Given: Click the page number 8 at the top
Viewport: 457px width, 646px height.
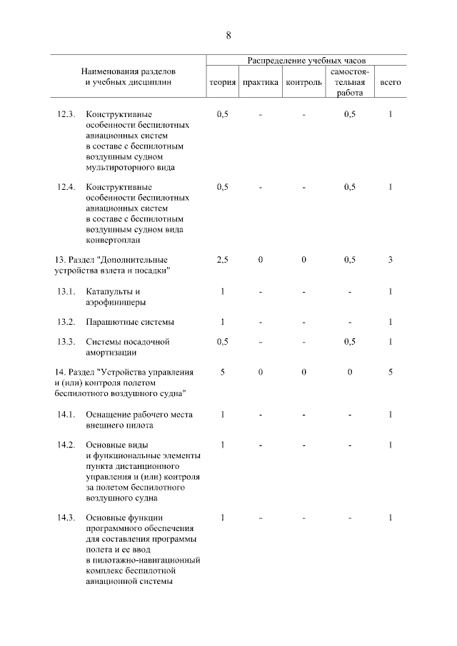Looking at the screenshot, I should [x=228, y=35].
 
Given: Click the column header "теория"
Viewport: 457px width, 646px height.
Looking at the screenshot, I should [x=222, y=82].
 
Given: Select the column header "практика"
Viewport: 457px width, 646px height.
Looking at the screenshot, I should [x=261, y=82].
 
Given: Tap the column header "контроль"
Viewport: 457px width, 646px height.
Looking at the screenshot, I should [x=303, y=82].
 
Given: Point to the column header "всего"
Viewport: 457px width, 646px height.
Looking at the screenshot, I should [x=391, y=82].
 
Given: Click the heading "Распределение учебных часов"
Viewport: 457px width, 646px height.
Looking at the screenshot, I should [x=306, y=61].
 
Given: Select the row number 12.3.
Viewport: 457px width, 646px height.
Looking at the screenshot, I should [x=66, y=114].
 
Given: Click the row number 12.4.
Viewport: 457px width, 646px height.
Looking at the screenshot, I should [x=66, y=187].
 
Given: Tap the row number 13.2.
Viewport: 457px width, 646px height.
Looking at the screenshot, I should [x=66, y=322].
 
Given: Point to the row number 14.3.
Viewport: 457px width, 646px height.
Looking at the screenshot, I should [x=66, y=518].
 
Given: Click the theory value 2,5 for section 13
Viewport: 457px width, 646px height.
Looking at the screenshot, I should [x=222, y=260].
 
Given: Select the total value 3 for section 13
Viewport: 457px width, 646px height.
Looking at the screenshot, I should [x=391, y=260].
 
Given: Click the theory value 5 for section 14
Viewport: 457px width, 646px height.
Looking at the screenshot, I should [x=222, y=372].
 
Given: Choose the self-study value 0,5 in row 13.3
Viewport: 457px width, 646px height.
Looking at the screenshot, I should [x=349, y=342].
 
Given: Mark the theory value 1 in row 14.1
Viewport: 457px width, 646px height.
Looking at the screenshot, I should [x=222, y=415].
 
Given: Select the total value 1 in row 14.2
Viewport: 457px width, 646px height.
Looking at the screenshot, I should [x=391, y=445].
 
